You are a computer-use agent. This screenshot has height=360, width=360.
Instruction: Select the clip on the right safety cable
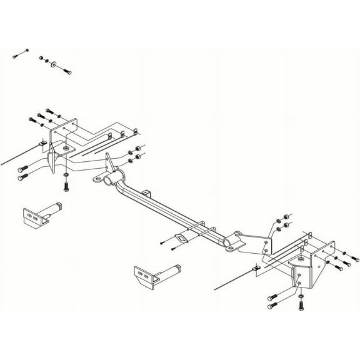[255, 269]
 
